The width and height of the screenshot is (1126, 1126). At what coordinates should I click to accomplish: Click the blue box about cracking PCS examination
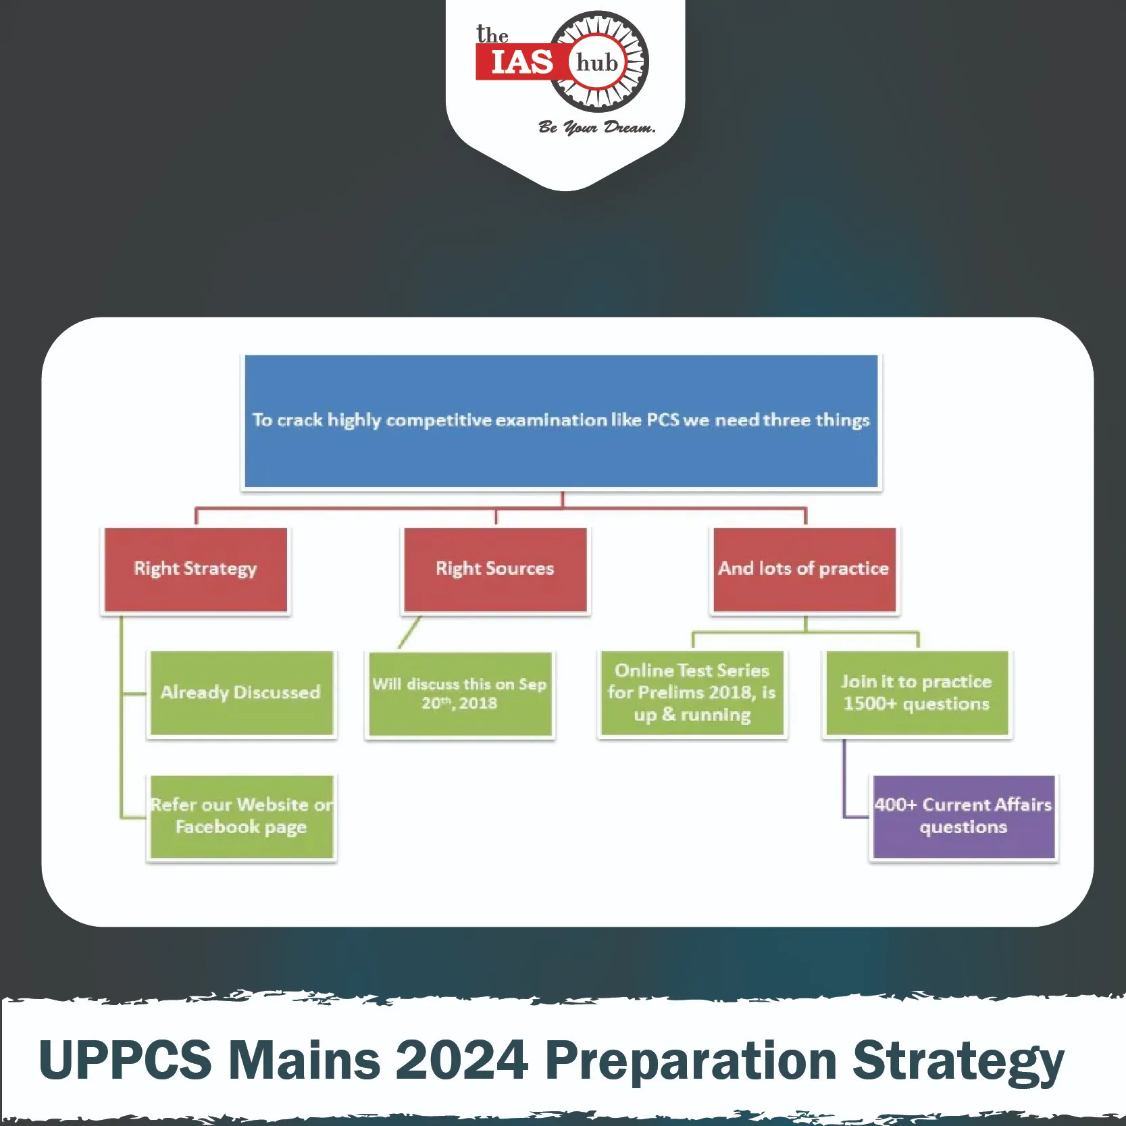pos(561,421)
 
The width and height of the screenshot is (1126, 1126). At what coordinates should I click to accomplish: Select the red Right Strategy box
pos(196,569)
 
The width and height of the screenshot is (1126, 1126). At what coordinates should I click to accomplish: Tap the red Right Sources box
pos(495,569)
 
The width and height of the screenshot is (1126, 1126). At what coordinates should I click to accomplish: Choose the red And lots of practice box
pos(804,569)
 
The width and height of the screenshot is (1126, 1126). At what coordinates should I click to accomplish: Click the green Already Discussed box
pos(241,693)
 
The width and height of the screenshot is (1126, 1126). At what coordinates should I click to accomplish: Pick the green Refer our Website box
pos(241,817)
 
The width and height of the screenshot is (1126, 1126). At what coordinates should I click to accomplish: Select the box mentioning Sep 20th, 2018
pos(459,694)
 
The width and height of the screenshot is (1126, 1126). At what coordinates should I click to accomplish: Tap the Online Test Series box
pos(692,693)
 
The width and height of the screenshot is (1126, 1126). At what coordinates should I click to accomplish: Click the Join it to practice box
pos(917,693)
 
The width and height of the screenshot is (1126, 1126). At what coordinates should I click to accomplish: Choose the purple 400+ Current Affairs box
pos(964,817)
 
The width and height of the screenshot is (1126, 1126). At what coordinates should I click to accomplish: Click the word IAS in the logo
pos(521,63)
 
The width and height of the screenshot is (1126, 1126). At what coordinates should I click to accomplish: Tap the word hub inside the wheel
pos(597,62)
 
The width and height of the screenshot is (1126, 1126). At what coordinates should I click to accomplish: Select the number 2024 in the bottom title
pos(461,1059)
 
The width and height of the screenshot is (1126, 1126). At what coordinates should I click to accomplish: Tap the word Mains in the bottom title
pos(304,1059)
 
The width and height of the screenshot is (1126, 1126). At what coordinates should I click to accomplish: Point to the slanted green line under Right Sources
pos(409,632)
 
